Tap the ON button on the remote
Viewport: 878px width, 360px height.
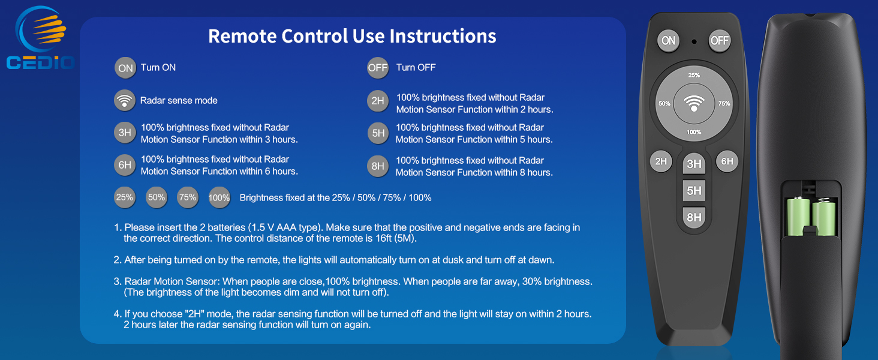coord(668,41)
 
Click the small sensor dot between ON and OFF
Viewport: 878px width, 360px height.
coord(694,41)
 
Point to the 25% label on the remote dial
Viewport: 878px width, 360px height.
coord(694,76)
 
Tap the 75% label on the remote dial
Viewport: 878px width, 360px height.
coord(724,104)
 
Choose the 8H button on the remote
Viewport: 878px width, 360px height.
coord(694,217)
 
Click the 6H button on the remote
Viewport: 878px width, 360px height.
coord(727,161)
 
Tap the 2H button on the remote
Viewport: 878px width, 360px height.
coord(661,161)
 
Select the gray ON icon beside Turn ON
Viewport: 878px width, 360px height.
coord(125,68)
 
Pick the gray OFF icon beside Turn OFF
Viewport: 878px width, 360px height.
coord(378,68)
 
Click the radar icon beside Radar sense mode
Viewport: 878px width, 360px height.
coord(125,100)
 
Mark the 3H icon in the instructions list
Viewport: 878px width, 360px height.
coord(125,133)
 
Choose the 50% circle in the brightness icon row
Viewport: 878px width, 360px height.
coord(157,197)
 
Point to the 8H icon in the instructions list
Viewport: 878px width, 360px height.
coord(378,166)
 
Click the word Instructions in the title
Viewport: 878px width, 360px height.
coord(443,36)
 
